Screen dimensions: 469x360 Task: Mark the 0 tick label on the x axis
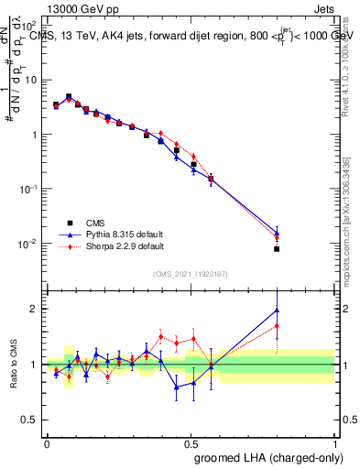(x=46, y=443)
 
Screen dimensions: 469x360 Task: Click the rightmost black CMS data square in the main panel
(x=277, y=248)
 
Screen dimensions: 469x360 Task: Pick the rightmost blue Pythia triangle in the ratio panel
(x=277, y=311)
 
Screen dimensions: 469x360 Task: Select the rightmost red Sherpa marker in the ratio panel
(x=277, y=325)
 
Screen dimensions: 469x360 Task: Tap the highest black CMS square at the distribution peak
(x=69, y=96)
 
